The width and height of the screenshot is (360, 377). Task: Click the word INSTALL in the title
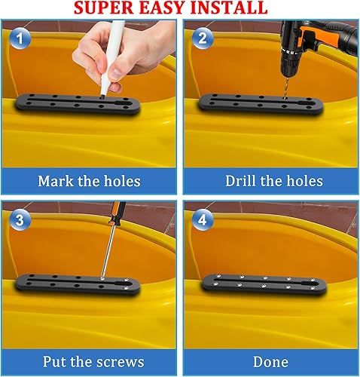[x=230, y=8]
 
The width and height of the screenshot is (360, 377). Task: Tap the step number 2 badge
[x=202, y=37]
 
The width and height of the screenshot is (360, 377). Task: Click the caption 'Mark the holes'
[x=89, y=181]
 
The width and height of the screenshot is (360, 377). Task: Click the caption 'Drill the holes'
[x=273, y=181]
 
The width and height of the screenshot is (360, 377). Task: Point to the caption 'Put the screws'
[x=89, y=362]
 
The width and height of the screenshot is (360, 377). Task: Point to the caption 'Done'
[x=270, y=362]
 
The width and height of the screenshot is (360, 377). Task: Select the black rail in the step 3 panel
[x=75, y=284]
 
